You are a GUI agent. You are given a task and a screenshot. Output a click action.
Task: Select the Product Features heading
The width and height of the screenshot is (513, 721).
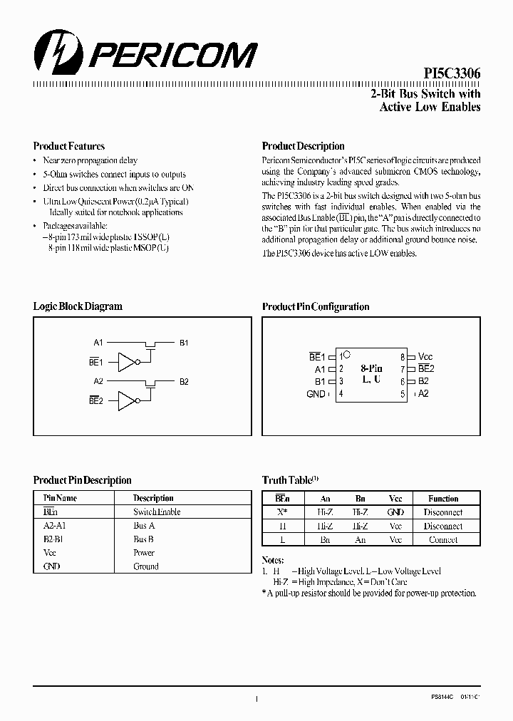tap(69, 146)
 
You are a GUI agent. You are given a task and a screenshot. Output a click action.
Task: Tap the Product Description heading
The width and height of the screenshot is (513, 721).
tap(303, 146)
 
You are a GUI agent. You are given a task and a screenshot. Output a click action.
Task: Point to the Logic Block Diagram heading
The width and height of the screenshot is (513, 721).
tap(78, 306)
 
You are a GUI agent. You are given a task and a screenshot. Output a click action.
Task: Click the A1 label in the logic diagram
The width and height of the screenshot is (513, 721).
tap(98, 343)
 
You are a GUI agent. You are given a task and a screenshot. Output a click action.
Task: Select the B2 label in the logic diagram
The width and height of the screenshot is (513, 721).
tap(184, 382)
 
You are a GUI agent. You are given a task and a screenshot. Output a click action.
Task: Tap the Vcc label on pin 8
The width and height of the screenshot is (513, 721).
tap(425, 356)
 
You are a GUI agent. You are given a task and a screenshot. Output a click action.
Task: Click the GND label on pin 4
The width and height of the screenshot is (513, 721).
tap(316, 394)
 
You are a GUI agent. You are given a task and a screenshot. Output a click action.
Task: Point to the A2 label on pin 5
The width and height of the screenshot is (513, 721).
tap(423, 393)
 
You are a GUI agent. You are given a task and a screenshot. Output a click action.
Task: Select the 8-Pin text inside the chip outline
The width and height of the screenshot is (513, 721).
tap(371, 368)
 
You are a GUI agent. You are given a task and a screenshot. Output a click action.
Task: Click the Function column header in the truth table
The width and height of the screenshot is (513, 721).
tap(443, 499)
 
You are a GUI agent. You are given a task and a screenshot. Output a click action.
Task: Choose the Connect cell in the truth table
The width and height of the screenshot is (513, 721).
tap(443, 540)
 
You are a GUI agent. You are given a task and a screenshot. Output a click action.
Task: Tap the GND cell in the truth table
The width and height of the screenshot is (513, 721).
tap(395, 512)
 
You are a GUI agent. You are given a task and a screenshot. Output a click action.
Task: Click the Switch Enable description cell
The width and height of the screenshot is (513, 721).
tap(157, 512)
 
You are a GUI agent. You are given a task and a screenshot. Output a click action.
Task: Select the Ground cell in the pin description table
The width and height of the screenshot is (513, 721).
tap(146, 567)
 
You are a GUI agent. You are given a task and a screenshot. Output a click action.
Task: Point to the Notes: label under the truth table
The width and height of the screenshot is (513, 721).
tap(274, 559)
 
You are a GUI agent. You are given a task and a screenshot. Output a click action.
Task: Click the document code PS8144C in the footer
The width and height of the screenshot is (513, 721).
tap(444, 700)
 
